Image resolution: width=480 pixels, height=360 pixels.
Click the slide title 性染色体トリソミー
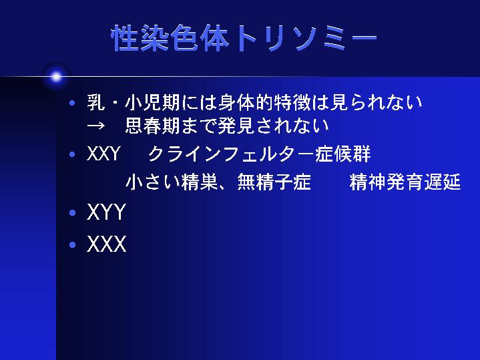click(244, 38)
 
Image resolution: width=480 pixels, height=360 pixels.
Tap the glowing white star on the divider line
click(56, 77)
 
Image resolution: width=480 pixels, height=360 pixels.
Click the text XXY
click(103, 154)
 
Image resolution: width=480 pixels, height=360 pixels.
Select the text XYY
click(106, 212)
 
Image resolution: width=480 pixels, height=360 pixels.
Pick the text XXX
click(106, 244)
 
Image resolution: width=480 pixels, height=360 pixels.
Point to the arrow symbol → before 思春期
click(96, 126)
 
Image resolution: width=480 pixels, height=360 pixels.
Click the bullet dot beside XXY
click(72, 154)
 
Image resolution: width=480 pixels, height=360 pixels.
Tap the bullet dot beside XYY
click(72, 212)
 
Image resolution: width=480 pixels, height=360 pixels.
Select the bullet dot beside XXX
click(72, 245)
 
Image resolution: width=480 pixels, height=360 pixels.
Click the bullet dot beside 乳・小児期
click(72, 103)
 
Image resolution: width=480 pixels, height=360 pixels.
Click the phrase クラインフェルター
click(232, 154)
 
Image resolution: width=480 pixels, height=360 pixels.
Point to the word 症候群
click(343, 154)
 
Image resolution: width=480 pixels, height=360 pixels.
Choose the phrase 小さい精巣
click(172, 182)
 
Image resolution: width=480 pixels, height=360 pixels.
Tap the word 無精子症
click(274, 182)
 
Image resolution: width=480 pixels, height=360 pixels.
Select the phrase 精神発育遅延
click(405, 182)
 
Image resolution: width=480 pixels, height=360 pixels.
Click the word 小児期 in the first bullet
click(153, 103)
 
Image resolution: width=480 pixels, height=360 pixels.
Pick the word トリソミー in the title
click(306, 38)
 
